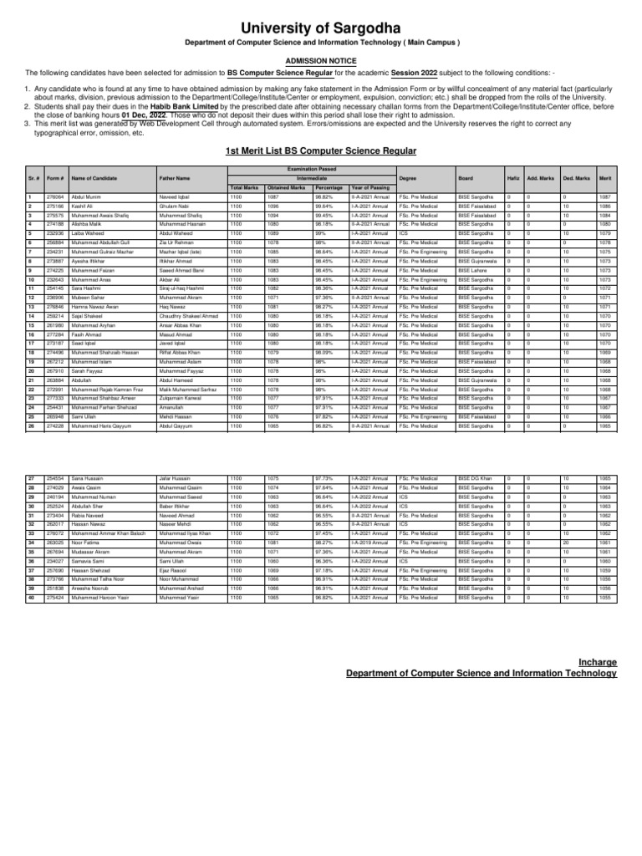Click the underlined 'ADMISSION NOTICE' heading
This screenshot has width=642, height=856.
point(321,61)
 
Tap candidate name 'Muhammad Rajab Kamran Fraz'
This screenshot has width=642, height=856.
point(104,390)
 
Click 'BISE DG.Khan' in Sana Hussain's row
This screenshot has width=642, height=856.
point(476,477)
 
